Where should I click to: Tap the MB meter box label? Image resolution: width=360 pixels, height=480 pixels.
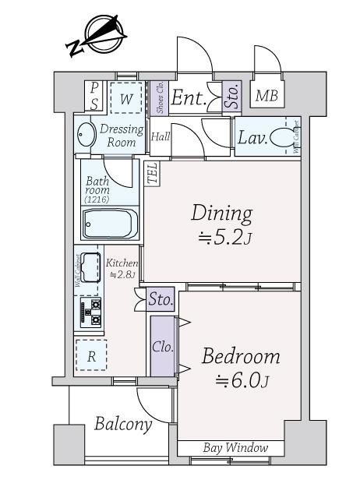[267, 96]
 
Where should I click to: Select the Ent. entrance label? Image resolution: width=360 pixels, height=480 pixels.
[189, 98]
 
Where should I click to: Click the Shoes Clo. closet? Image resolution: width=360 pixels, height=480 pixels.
[158, 97]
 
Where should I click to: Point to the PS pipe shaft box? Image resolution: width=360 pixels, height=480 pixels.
[94, 96]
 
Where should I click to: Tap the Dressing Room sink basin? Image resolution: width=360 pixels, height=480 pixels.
[86, 136]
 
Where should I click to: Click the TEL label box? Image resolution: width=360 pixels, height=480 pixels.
[152, 172]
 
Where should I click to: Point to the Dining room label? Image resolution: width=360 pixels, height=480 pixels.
[222, 212]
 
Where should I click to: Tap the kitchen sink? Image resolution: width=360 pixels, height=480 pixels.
[90, 264]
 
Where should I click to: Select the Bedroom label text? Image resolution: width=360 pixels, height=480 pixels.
[241, 356]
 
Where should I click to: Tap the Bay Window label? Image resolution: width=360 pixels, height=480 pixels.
[235, 448]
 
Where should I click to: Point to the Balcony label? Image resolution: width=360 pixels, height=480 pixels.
[123, 425]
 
